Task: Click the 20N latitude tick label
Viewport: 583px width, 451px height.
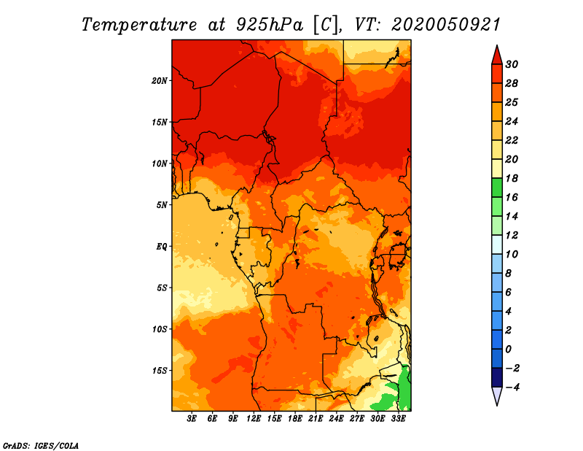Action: coord(160,81)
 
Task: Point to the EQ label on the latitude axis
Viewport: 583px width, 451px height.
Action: coord(162,247)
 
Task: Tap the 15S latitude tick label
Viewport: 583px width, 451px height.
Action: coord(160,371)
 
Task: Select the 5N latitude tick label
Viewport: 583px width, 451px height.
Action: coord(162,205)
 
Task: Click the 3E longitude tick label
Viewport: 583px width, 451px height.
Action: coord(192,419)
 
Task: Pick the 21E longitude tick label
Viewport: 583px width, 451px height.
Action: coord(316,419)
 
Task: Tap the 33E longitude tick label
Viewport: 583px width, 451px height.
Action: coord(398,419)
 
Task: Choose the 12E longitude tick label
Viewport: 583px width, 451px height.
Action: coord(253,419)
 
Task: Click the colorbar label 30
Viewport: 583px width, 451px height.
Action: coord(512,64)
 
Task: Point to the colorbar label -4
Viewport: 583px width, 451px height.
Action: coord(512,388)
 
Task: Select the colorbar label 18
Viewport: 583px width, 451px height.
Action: coord(512,178)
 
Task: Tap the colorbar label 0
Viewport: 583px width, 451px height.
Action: coord(508,350)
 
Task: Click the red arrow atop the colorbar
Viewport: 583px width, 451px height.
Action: coord(497,55)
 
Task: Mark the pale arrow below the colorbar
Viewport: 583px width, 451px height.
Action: coord(497,396)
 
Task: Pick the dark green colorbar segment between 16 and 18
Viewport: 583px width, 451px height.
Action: coord(497,188)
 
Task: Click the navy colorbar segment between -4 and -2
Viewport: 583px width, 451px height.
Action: coord(497,377)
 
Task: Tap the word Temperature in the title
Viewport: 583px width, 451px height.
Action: coord(139,26)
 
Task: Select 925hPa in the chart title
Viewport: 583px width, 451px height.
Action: coord(269,25)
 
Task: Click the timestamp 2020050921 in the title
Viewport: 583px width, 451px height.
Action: coord(446,25)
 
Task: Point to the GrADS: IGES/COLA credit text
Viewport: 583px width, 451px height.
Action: coord(41,446)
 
